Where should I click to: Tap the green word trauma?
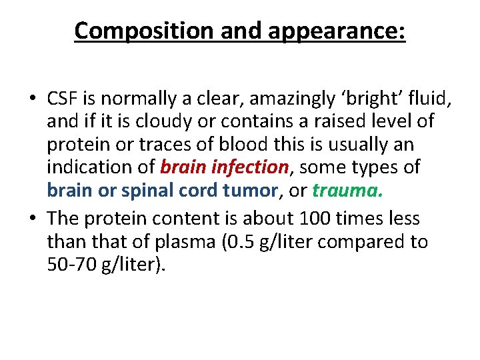coord(347,189)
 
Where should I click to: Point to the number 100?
coord(314,219)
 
